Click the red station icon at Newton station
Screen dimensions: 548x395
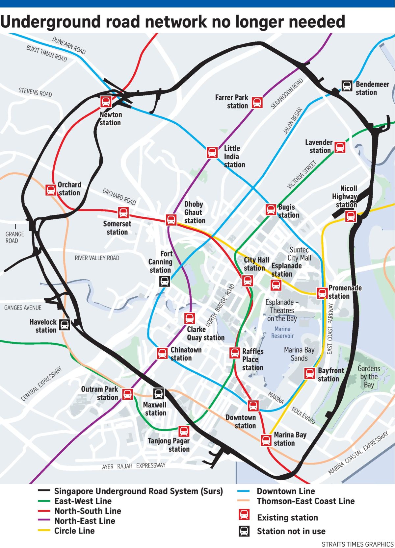[x=106, y=102]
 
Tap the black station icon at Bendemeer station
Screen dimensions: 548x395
[x=346, y=86]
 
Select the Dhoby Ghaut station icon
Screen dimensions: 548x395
[x=171, y=219]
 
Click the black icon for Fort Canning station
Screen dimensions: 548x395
[x=165, y=281]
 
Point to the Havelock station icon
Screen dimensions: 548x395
[x=65, y=325]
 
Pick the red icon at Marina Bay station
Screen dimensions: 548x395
[x=266, y=440]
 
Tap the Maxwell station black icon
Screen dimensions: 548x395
[x=158, y=393]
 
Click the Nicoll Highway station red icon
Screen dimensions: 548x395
[x=351, y=216]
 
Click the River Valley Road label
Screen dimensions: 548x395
[x=97, y=258]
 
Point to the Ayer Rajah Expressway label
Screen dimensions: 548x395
[x=134, y=466]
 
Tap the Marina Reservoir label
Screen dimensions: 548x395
[x=282, y=332]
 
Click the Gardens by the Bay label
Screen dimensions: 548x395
[x=369, y=377]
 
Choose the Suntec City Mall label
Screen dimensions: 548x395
[x=299, y=254]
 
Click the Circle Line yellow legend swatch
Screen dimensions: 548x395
[x=44, y=530]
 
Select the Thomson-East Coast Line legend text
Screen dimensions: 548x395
[x=305, y=501]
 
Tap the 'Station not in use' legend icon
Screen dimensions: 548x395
[x=244, y=531]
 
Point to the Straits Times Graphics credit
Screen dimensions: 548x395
[x=357, y=544]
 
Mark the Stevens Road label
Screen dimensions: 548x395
[x=35, y=92]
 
